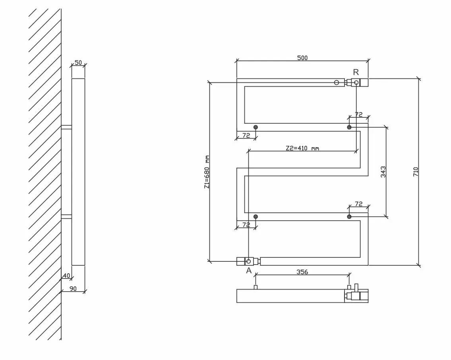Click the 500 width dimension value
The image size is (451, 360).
pyautogui.click(x=302, y=58)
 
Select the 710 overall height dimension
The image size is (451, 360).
pyautogui.click(x=416, y=172)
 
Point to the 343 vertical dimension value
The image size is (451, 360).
pyautogui.click(x=383, y=172)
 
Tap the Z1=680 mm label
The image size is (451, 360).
pyautogui.click(x=207, y=172)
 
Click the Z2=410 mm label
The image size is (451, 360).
pyautogui.click(x=302, y=148)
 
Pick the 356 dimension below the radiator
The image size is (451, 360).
pyautogui.click(x=302, y=272)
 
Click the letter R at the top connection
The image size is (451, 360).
pyautogui.click(x=356, y=72)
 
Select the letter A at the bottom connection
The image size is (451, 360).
pyautogui.click(x=249, y=270)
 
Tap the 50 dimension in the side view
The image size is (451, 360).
pyautogui.click(x=78, y=62)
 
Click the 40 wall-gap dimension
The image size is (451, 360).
pyautogui.click(x=66, y=276)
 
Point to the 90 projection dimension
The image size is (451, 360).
pyautogui.click(x=73, y=288)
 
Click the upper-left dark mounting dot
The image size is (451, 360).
pyautogui.click(x=256, y=127)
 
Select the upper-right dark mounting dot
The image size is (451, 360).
pyautogui.click(x=349, y=127)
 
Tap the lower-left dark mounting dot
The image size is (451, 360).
pyautogui.click(x=256, y=216)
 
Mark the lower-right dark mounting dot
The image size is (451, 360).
pyautogui.click(x=349, y=216)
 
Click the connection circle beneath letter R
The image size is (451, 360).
pyautogui.click(x=356, y=83)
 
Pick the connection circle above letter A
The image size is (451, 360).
pyautogui.click(x=248, y=261)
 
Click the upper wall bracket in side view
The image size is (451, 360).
pyautogui.click(x=66, y=127)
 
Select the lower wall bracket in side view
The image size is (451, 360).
pyautogui.click(x=66, y=216)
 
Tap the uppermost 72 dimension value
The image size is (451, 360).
pyautogui.click(x=359, y=115)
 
